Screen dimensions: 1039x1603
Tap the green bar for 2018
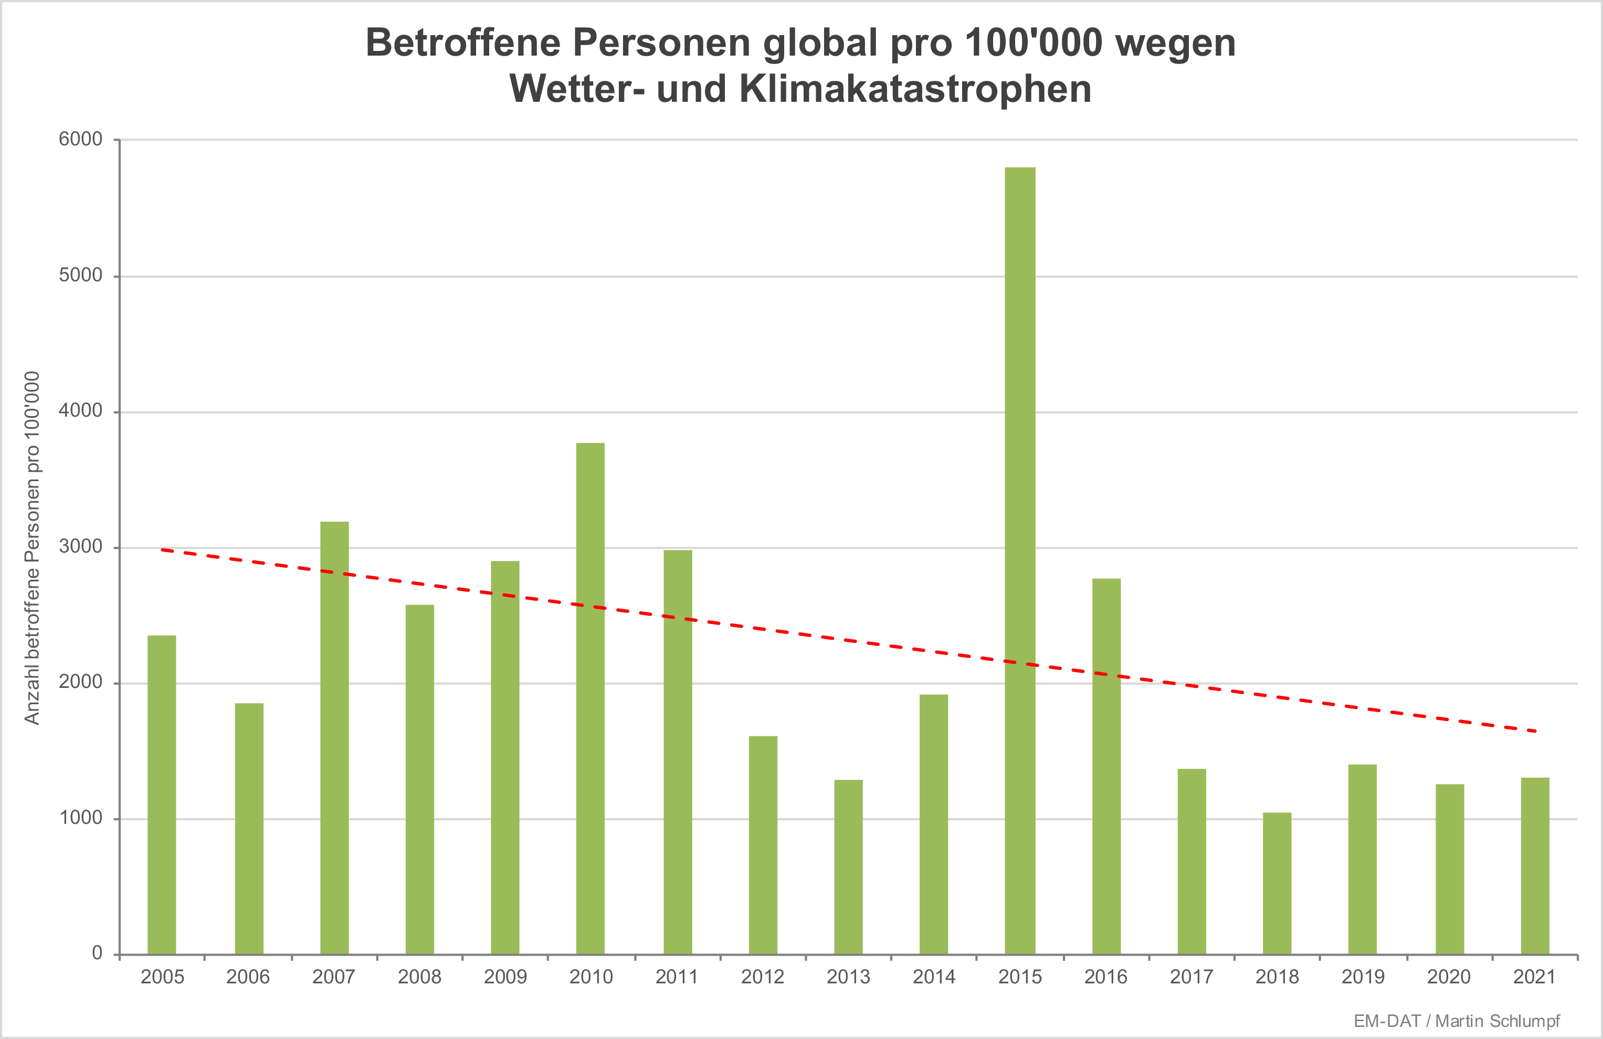pos(1277,883)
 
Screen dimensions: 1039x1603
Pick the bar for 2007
pos(334,737)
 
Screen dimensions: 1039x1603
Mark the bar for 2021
pos(1534,865)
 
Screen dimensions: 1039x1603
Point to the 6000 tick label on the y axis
pos(80,140)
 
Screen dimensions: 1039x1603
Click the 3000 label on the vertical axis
pos(80,546)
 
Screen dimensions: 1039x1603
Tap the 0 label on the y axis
pos(97,953)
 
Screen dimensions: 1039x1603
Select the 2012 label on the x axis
pos(763,977)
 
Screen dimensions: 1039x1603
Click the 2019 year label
pos(1363,977)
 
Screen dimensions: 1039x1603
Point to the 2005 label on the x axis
pos(162,977)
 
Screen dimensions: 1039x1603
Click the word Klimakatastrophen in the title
pos(915,89)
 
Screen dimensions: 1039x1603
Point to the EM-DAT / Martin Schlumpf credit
pos(1456,1021)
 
